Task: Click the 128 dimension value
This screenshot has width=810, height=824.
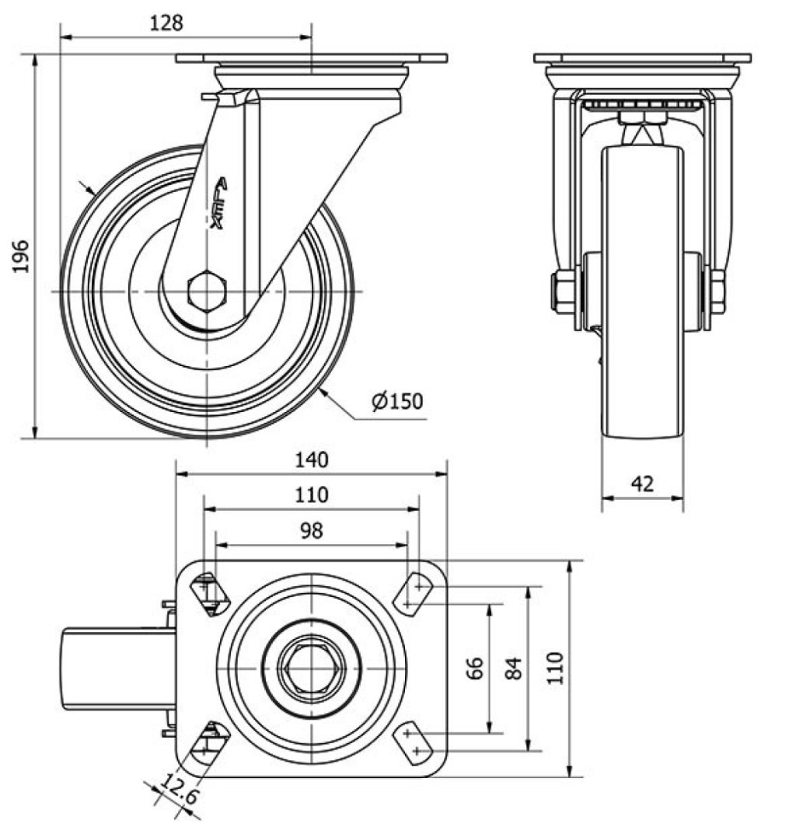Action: [166, 23]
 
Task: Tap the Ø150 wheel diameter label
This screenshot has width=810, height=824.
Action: [396, 401]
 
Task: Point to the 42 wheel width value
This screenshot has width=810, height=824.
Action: [642, 484]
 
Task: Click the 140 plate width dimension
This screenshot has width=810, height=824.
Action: [312, 459]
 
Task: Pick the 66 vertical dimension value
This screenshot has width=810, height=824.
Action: [476, 667]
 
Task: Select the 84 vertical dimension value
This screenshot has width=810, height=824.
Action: [514, 667]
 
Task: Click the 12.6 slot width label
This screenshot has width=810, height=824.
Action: [178, 797]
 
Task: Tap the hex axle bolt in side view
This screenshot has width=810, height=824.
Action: [207, 292]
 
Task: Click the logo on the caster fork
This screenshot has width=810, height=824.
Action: [219, 204]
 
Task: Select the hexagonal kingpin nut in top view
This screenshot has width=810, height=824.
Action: [311, 668]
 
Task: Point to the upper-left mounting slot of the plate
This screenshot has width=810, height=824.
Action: [209, 593]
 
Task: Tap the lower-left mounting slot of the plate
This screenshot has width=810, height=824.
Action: [209, 743]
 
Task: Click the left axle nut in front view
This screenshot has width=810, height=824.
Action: [564, 292]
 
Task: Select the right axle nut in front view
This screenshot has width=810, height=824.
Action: [717, 292]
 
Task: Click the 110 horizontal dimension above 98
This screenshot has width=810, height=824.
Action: [312, 494]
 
